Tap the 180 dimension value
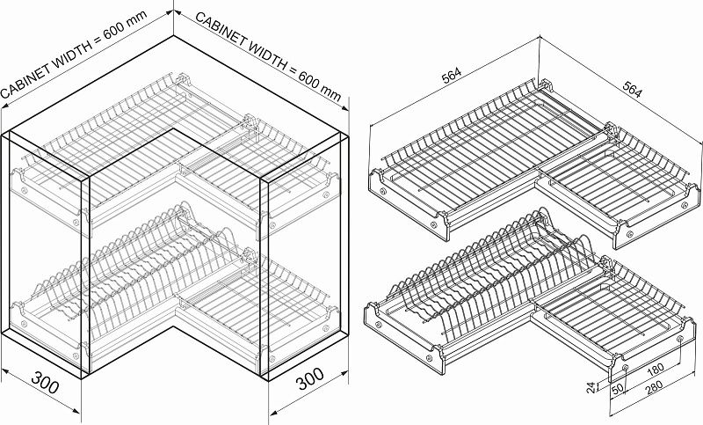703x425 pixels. [656, 370]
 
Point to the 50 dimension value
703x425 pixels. [618, 389]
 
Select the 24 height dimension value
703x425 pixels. [591, 387]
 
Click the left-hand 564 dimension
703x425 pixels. [451, 76]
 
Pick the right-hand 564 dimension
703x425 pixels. [632, 90]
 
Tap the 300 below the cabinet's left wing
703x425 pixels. [45, 382]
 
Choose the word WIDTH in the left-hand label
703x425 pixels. [73, 56]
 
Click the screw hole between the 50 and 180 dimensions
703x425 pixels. [626, 368]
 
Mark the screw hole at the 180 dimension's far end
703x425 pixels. [680, 339]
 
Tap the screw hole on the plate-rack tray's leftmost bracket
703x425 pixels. [379, 325]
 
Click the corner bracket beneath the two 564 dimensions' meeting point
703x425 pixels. [545, 85]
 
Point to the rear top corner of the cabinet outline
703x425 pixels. [173, 36]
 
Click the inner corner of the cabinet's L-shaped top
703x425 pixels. [174, 129]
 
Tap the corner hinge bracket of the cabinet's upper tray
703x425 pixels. [184, 81]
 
